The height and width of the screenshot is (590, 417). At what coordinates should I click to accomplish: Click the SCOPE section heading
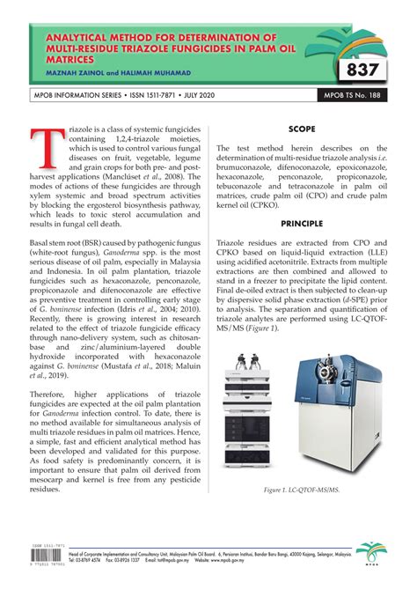pos(302,129)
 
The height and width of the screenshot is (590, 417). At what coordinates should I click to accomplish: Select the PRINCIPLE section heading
pos(302,225)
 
